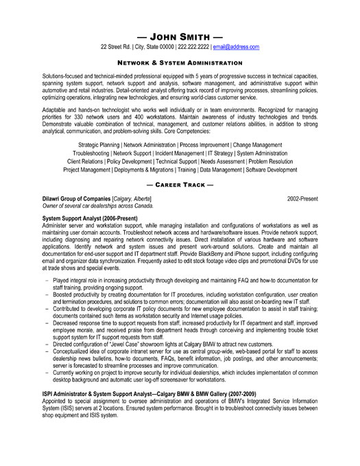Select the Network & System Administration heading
coord(180,61)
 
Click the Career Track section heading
coord(180,185)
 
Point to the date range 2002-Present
coord(302,198)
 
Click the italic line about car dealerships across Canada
coord(98,205)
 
